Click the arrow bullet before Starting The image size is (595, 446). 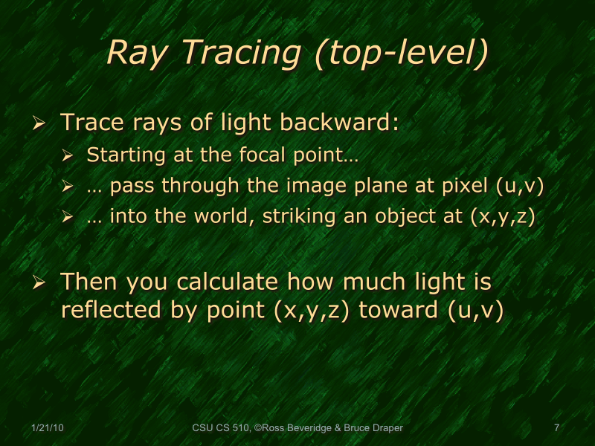pyautogui.click(x=69, y=157)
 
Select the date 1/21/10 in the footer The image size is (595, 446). pyautogui.click(x=47, y=427)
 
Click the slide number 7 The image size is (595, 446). pyautogui.click(x=556, y=427)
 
